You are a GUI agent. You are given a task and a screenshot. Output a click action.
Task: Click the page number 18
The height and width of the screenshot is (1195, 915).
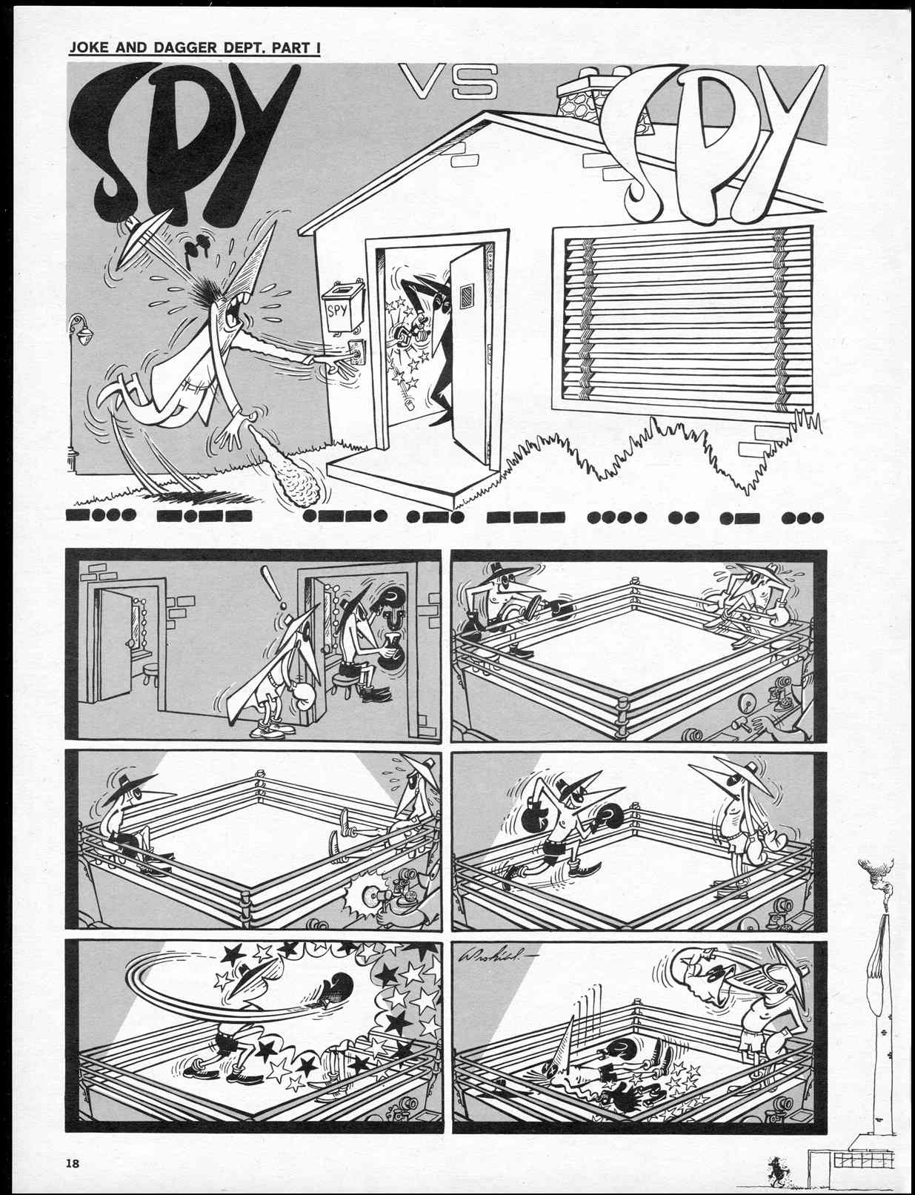[x=72, y=1163]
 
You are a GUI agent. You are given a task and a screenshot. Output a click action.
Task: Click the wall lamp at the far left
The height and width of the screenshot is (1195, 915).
[x=78, y=329]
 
